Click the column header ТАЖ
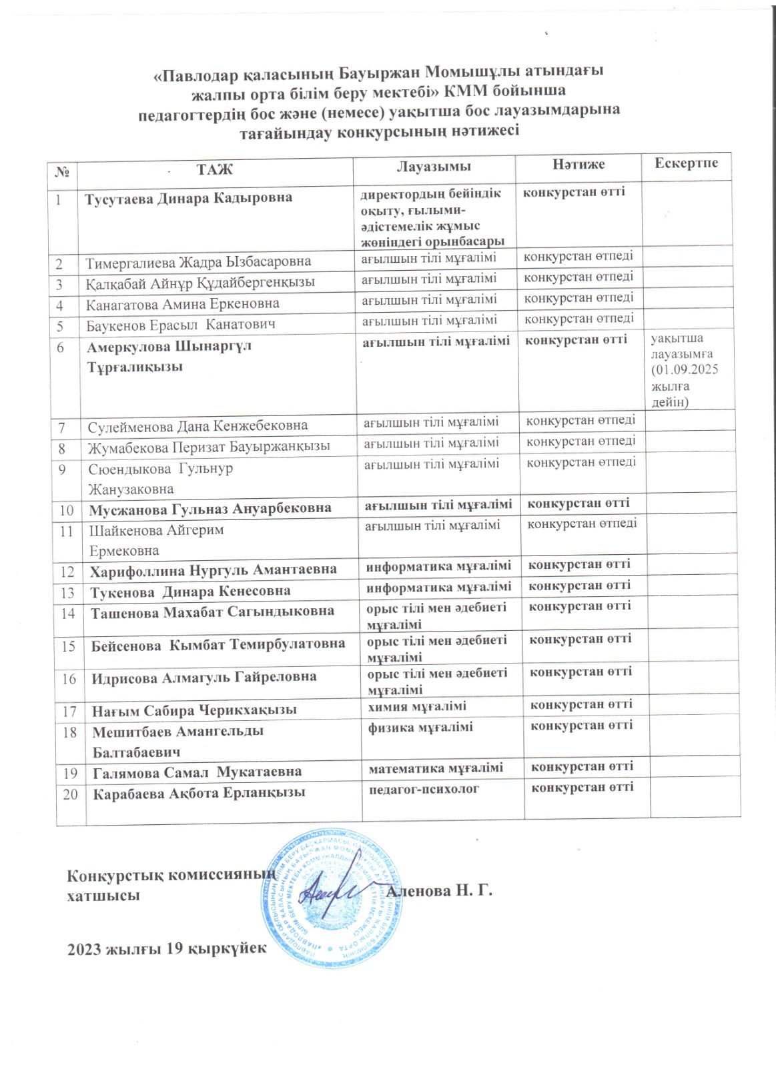pyautogui.click(x=214, y=168)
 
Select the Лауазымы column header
pyautogui.click(x=434, y=166)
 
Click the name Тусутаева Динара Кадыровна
pyautogui.click(x=188, y=198)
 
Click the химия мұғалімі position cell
pyautogui.click(x=418, y=706)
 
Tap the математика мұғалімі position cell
pyautogui.click(x=436, y=768)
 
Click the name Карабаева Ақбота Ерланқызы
pyautogui.click(x=199, y=793)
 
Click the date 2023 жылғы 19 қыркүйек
pyautogui.click(x=165, y=949)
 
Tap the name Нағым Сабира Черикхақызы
pyautogui.click(x=194, y=710)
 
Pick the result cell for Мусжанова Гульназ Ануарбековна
pyautogui.click(x=578, y=503)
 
